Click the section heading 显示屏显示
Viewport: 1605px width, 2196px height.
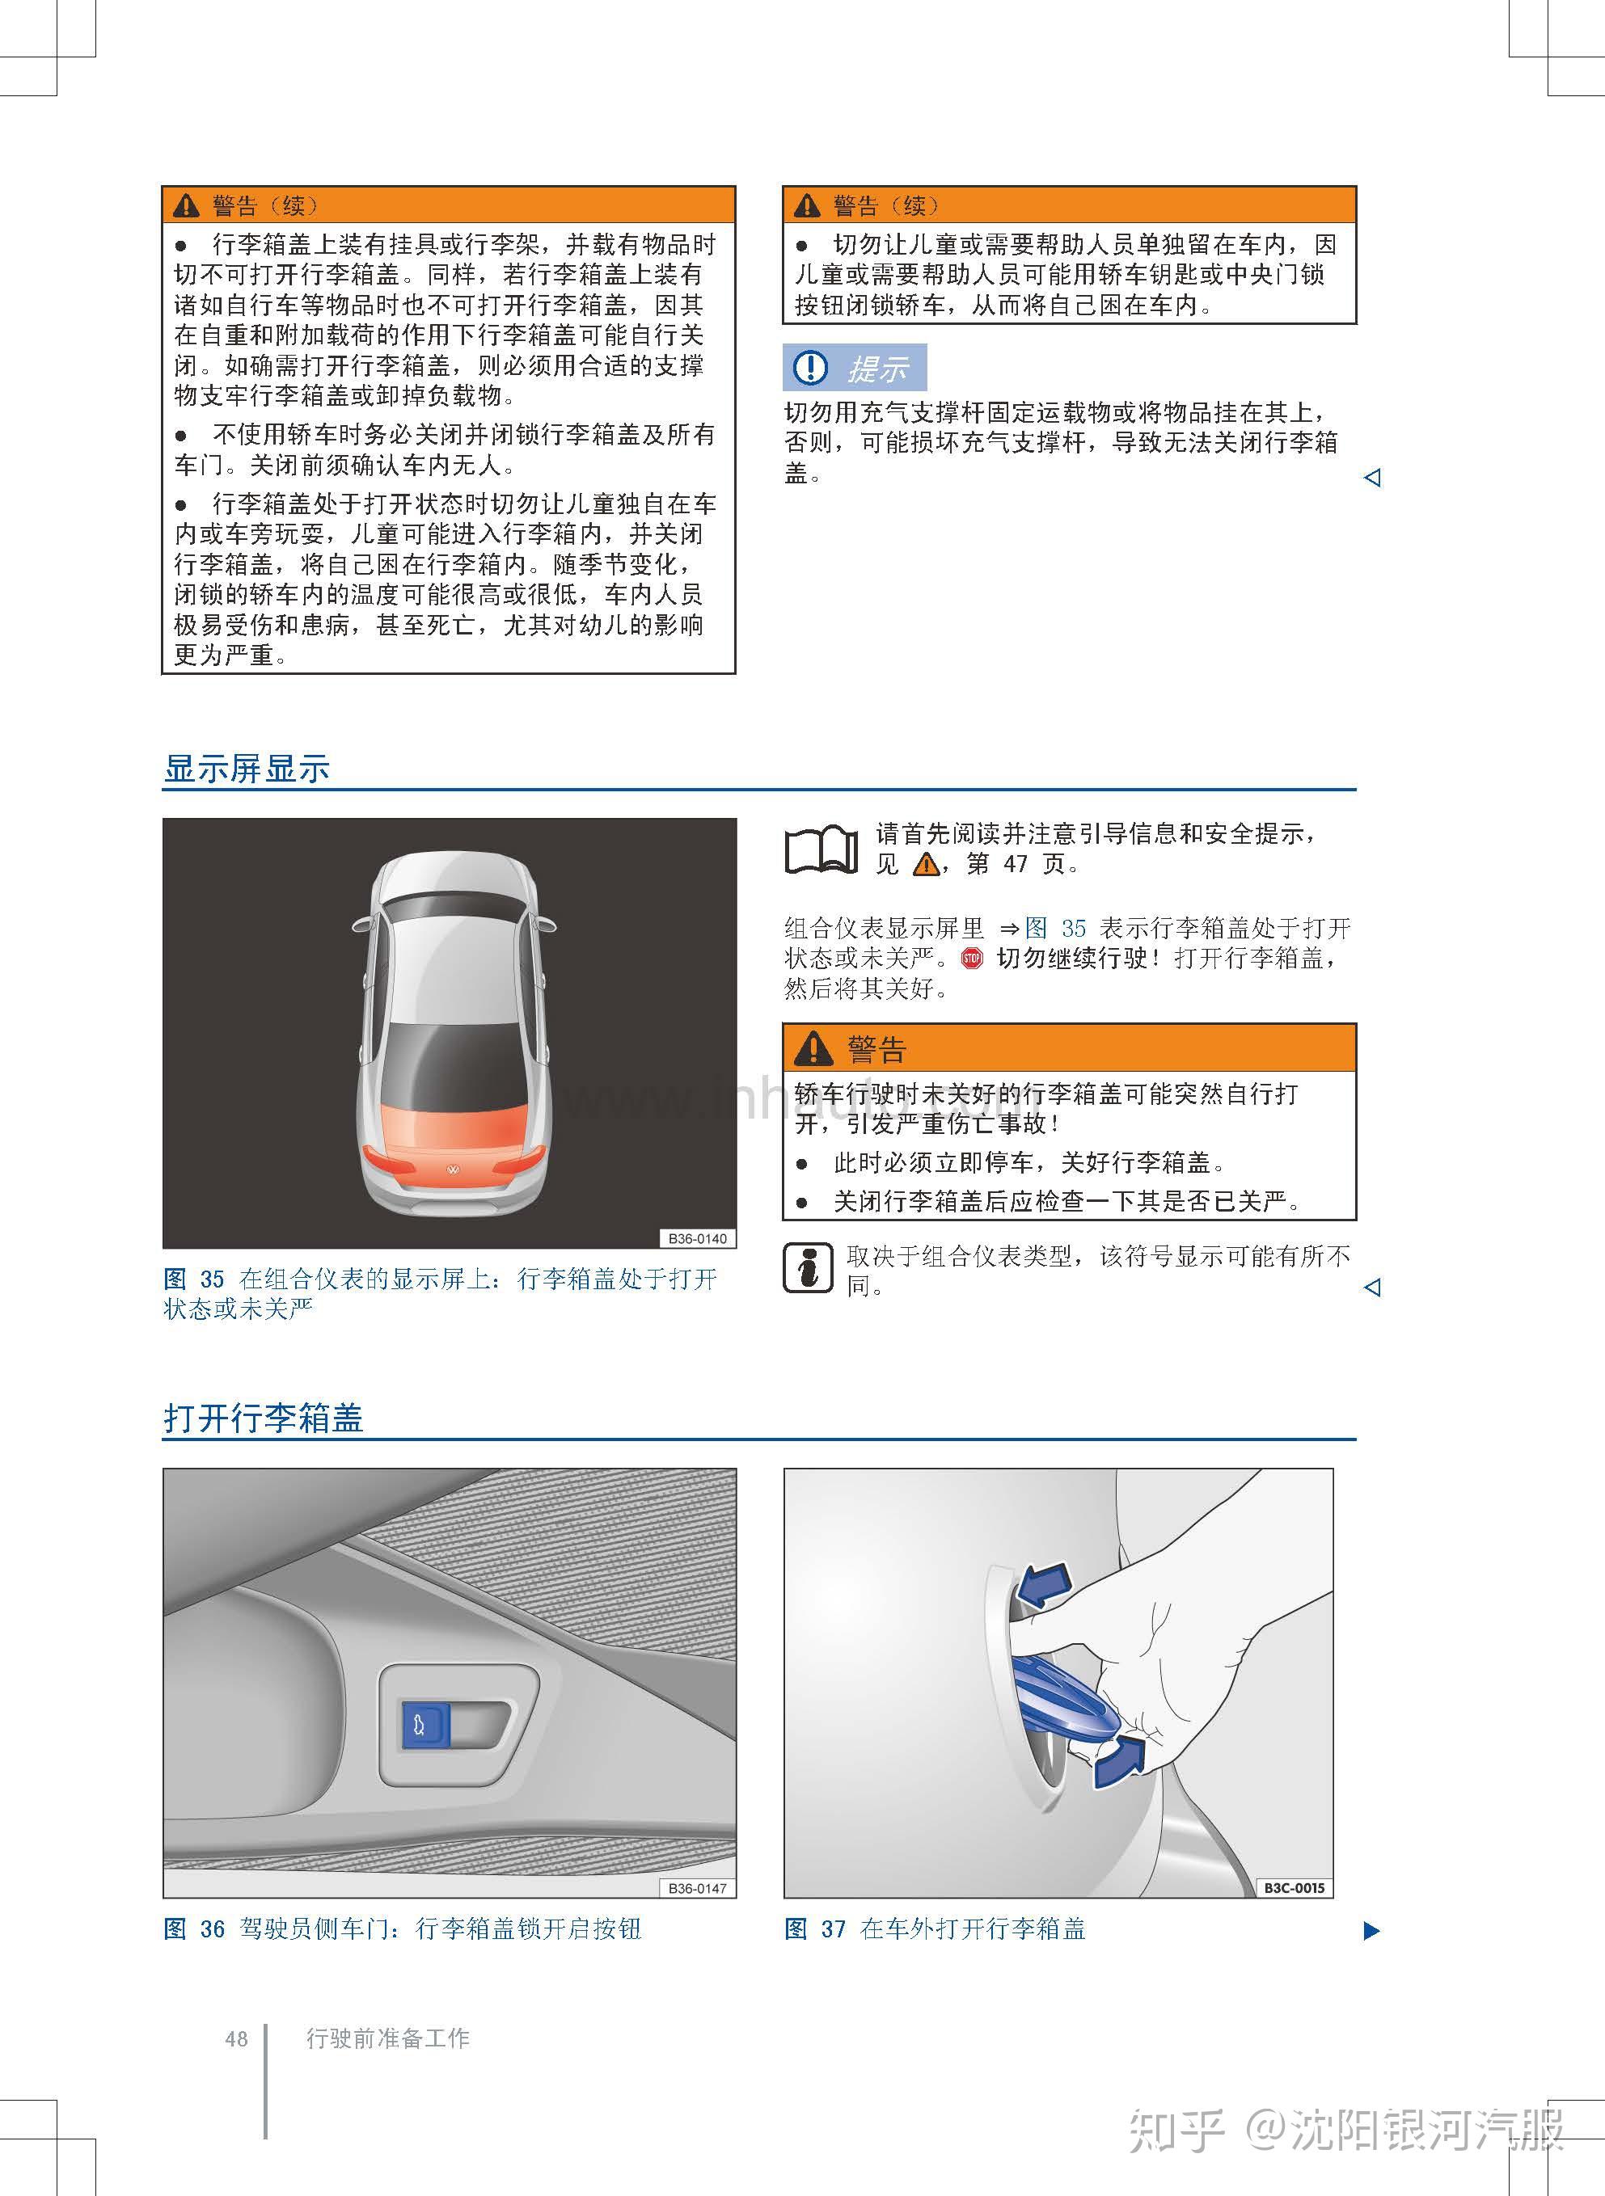(247, 769)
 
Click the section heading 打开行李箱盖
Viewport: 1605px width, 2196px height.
(264, 1417)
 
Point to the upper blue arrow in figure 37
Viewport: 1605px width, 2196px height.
(1042, 1584)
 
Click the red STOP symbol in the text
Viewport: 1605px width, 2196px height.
(972, 959)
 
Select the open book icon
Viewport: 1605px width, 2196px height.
(821, 849)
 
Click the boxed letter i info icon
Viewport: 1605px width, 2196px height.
(808, 1267)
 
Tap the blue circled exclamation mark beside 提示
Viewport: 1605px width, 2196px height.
(810, 367)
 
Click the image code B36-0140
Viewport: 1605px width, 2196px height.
(698, 1238)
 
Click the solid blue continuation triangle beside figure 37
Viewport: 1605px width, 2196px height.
(1372, 1930)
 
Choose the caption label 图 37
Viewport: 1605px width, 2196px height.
(815, 1928)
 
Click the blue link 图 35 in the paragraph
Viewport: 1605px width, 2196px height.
(1055, 928)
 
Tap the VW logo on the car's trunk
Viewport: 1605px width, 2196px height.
(452, 1170)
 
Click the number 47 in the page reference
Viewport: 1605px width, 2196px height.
(1016, 863)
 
